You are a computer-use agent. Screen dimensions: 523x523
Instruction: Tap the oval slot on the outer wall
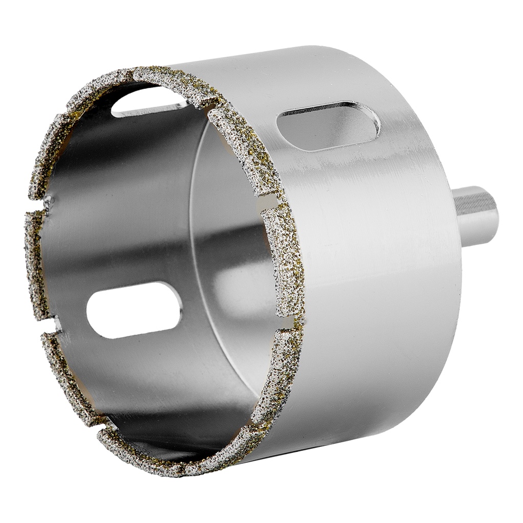pyautogui.click(x=328, y=125)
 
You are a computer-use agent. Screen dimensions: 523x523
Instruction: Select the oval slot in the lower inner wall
pyautogui.click(x=134, y=310)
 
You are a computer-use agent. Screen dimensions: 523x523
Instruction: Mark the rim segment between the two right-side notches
pyautogui.click(x=283, y=260)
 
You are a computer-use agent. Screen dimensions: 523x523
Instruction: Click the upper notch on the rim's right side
pyautogui.click(x=271, y=202)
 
